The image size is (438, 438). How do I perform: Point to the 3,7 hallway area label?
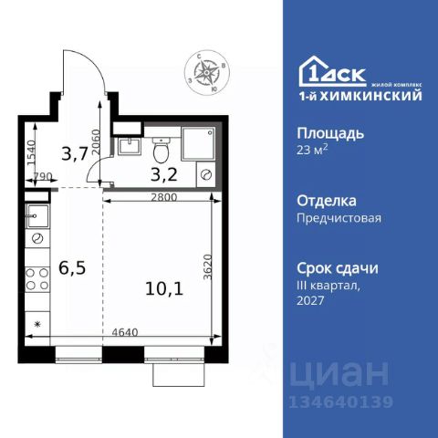[74, 153]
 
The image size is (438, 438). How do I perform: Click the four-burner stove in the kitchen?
[38, 277]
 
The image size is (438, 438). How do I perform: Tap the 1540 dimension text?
[30, 150]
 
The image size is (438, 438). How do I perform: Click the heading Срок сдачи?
[338, 268]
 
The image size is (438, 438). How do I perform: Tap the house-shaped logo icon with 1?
[313, 70]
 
